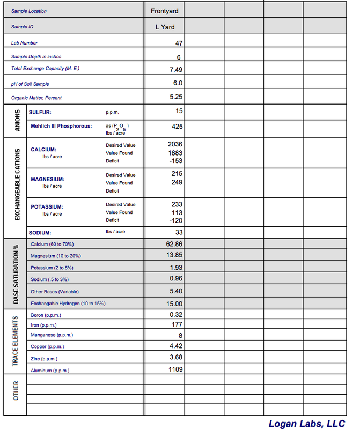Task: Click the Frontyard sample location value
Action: click(164, 11)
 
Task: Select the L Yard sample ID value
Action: click(165, 27)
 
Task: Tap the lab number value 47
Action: click(179, 42)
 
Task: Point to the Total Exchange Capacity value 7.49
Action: click(175, 70)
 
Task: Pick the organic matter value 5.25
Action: click(175, 97)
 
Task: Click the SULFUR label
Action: click(40, 112)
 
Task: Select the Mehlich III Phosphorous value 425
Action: click(177, 127)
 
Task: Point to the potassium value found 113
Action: click(177, 212)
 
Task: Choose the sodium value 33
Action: click(179, 232)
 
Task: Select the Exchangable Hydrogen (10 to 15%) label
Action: click(68, 304)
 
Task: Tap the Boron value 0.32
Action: click(176, 314)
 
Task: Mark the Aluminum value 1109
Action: click(175, 369)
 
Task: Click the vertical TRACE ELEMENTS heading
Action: click(16, 341)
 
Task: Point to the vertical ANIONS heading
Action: click(16, 121)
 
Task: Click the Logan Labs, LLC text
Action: click(306, 424)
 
